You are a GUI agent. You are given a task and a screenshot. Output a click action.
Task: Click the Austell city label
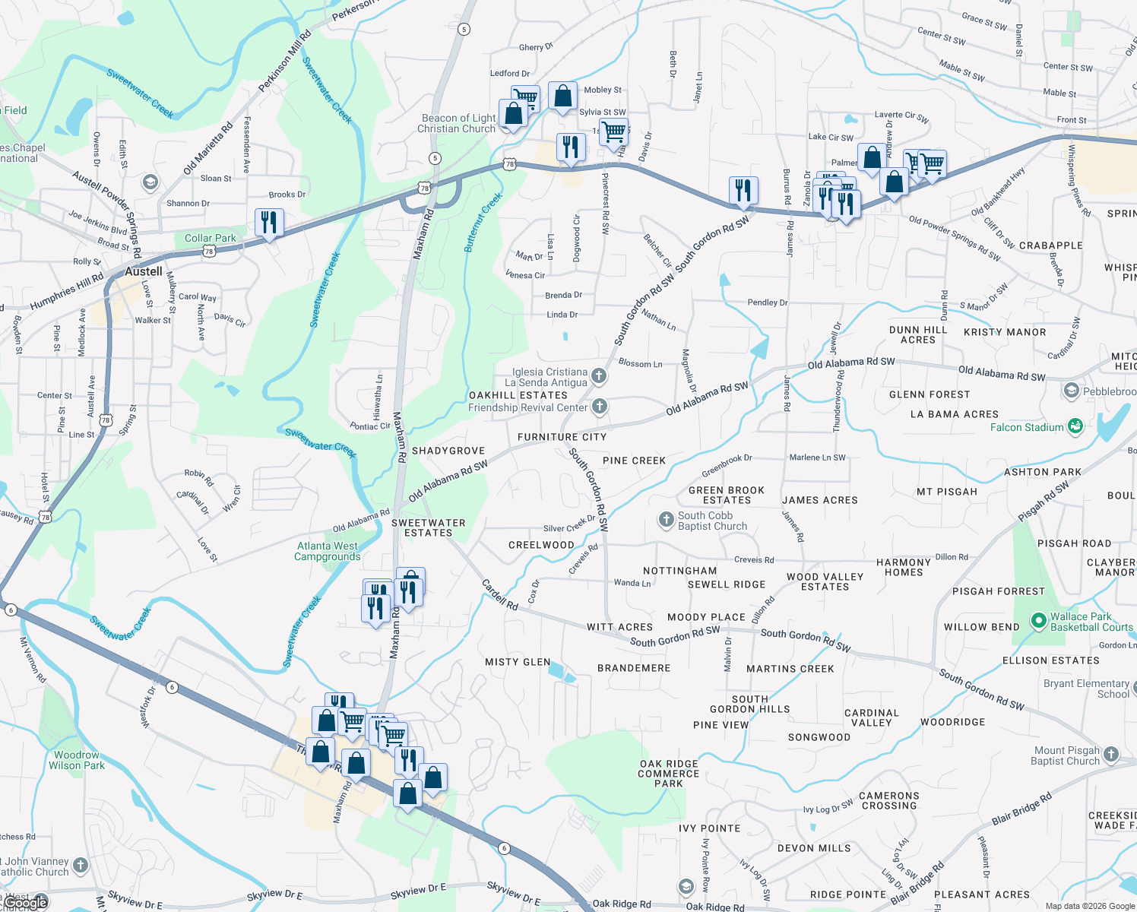click(x=144, y=271)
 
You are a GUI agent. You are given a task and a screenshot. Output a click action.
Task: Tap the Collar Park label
click(x=210, y=238)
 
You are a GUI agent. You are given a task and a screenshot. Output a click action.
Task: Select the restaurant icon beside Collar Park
click(x=269, y=223)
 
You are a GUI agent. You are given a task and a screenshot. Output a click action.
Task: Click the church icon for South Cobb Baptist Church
click(x=666, y=520)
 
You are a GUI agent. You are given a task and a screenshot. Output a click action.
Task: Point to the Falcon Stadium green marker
click(x=1075, y=426)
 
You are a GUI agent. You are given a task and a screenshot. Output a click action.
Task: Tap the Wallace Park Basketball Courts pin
click(x=1038, y=621)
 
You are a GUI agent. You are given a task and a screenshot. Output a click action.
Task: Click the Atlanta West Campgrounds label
click(x=328, y=551)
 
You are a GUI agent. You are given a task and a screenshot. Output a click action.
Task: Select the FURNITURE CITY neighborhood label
click(x=562, y=437)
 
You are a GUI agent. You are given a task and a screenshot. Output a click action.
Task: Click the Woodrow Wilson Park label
click(x=77, y=760)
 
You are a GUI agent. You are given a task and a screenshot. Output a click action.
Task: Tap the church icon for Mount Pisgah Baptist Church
click(x=1111, y=755)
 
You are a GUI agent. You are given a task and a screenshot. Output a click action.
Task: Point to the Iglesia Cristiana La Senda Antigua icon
click(x=599, y=375)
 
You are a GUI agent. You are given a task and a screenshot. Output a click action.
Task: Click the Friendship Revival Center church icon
click(x=600, y=407)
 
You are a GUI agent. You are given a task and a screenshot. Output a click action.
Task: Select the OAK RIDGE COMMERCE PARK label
click(x=669, y=774)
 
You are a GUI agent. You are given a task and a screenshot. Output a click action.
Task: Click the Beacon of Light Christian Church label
click(x=458, y=123)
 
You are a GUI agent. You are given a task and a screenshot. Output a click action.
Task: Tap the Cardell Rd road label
click(x=499, y=594)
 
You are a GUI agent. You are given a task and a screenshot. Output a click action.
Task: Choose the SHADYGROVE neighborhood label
click(x=448, y=451)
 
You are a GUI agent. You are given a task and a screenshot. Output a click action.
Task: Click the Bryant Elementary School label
click(x=1086, y=689)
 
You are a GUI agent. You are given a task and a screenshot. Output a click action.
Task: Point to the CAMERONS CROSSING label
click(x=888, y=800)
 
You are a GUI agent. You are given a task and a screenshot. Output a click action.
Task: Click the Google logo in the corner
click(x=27, y=902)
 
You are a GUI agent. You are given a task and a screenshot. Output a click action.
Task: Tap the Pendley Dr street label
click(x=767, y=302)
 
